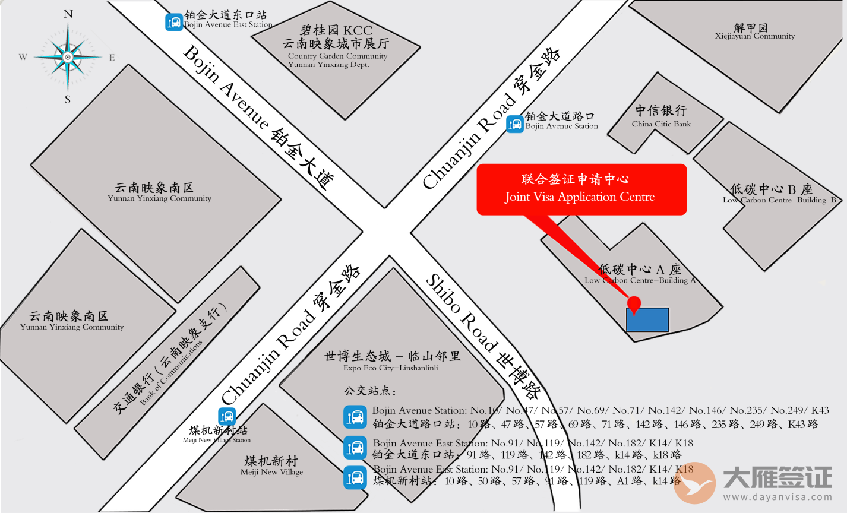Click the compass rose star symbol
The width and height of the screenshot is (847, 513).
[68, 57]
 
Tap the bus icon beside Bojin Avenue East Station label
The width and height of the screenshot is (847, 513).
[174, 23]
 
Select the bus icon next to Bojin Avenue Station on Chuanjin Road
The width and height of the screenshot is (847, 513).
[515, 124]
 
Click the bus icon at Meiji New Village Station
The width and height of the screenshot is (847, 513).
[227, 417]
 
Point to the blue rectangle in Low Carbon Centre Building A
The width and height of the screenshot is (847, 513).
[647, 320]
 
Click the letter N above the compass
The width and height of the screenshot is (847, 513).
[68, 14]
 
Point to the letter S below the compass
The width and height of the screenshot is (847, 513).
[68, 100]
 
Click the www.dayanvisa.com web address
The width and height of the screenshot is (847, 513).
[778, 498]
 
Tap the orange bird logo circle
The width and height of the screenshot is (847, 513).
[695, 483]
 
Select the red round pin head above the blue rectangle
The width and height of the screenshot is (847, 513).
[634, 303]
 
